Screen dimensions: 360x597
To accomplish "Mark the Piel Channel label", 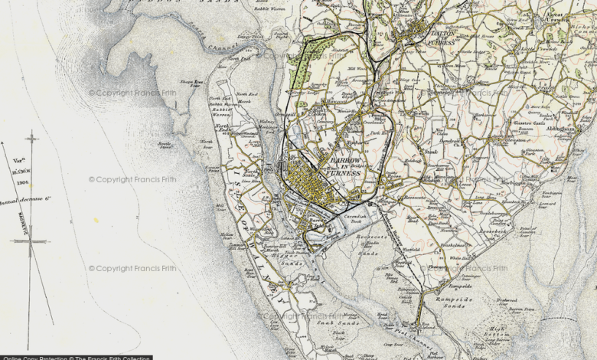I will point(393,331).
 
